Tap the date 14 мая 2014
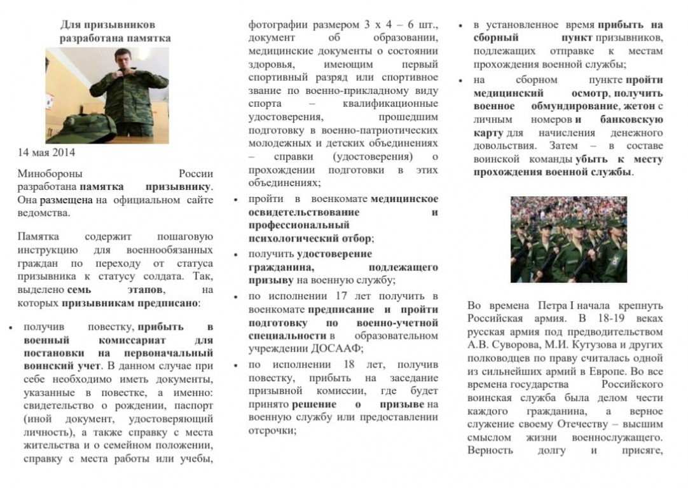[x=46, y=152]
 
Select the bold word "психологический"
[x=293, y=239]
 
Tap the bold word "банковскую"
[x=631, y=119]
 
